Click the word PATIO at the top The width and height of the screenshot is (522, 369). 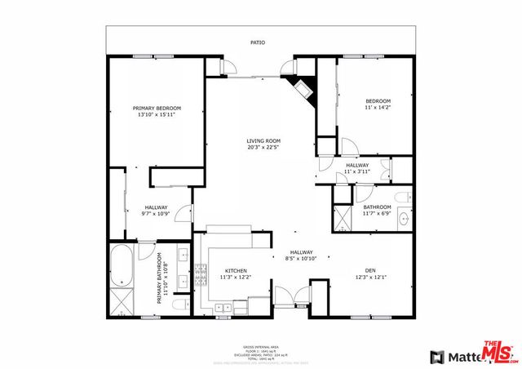(258, 42)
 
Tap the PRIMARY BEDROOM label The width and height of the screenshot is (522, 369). (157, 108)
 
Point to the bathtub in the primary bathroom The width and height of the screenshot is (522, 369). (121, 265)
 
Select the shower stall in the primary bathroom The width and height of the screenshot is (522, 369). (122, 302)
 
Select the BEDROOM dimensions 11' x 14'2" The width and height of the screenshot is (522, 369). (378, 107)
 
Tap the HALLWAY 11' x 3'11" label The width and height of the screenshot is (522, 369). (357, 168)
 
